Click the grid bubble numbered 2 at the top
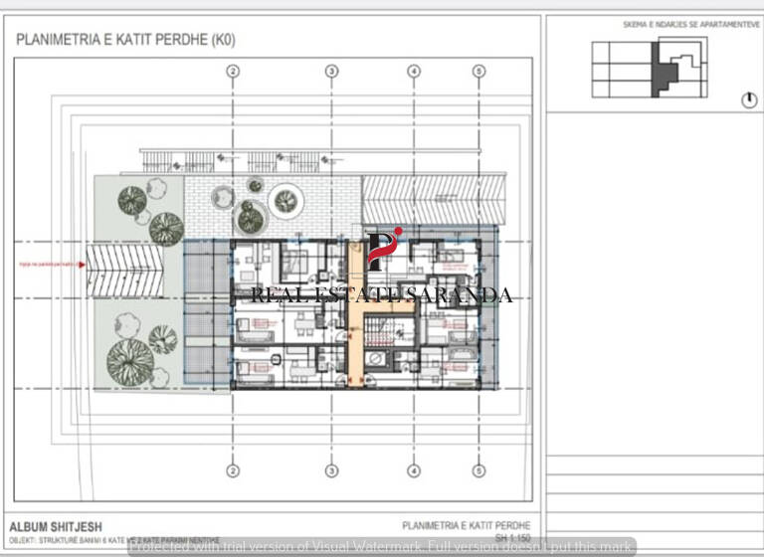coord(233,71)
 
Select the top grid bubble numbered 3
coord(332,71)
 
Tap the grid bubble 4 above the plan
coord(414,71)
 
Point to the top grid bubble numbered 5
coord(478,71)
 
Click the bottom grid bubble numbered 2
coord(233,470)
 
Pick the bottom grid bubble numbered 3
coord(332,470)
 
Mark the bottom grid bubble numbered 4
coord(414,470)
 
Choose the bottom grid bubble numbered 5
coord(478,470)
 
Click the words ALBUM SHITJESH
coord(56,527)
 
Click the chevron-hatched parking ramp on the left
coord(122,271)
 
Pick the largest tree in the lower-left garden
coord(129,360)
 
